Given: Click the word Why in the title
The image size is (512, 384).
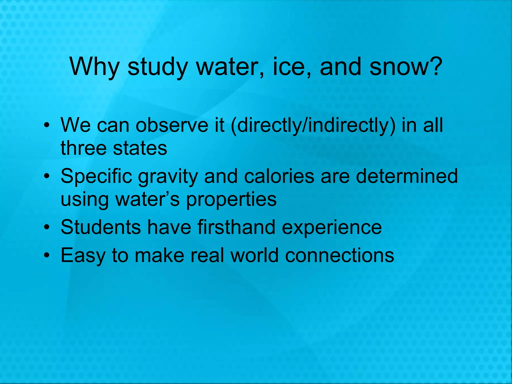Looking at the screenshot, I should pyautogui.click(x=94, y=67).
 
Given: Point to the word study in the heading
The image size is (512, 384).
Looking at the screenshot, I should pyautogui.click(x=157, y=67).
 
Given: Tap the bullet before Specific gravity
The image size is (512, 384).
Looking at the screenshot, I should pyautogui.click(x=46, y=176).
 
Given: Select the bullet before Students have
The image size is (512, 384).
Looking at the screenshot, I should pyautogui.click(x=46, y=227).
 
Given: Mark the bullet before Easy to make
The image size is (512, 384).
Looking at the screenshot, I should pyautogui.click(x=46, y=255).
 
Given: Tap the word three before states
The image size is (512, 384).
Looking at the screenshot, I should pyautogui.click(x=83, y=148).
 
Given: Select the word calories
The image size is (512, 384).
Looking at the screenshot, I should pyautogui.click(x=279, y=176).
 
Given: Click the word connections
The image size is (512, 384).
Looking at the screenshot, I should pyautogui.click(x=339, y=255).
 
